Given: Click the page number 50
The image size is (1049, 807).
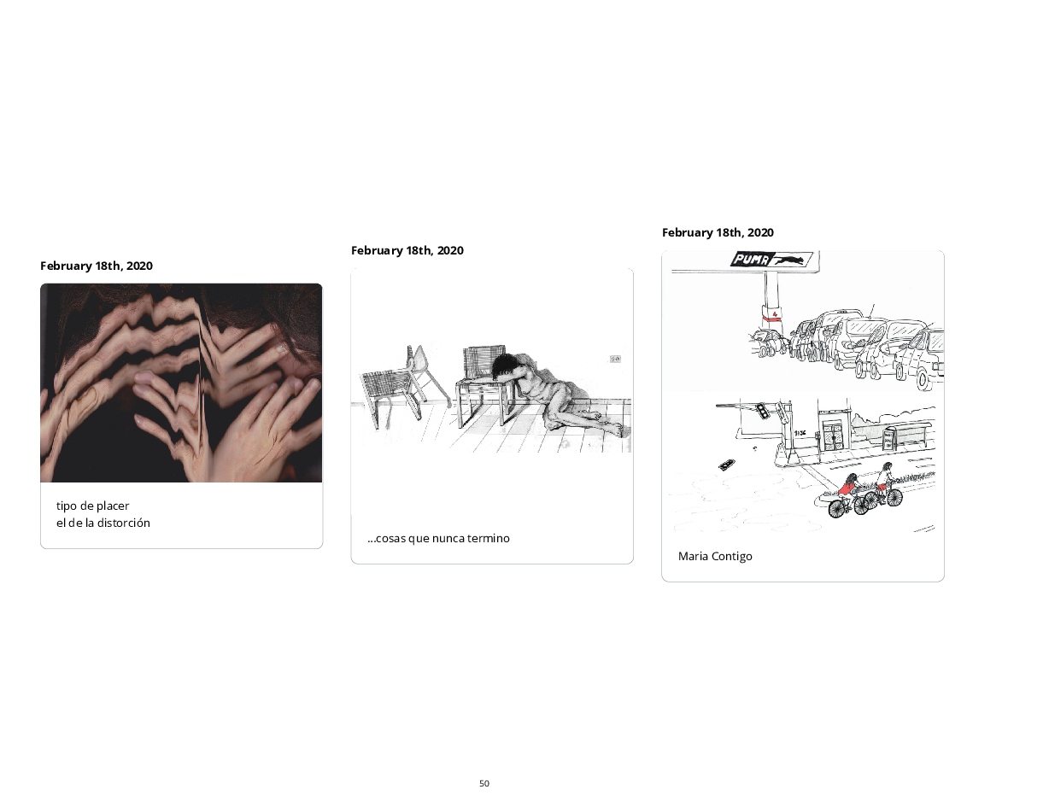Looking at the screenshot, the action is click(483, 783).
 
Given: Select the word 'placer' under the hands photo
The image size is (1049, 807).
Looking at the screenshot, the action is click(113, 506).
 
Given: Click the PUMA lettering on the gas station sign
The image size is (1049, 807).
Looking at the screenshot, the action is click(751, 260).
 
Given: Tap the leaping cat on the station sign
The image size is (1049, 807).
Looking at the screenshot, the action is click(790, 260).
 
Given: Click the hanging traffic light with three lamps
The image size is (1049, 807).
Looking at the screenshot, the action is click(762, 411).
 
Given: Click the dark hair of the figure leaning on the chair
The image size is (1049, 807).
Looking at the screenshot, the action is click(504, 365).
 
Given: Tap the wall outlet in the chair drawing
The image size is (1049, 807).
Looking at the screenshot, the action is click(615, 359).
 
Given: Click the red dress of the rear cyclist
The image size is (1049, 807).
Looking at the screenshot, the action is click(845, 488).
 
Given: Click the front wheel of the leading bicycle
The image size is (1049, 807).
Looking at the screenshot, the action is click(894, 498).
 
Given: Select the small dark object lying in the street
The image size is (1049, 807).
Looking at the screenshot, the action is click(725, 465).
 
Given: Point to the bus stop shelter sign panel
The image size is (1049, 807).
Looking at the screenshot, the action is click(888, 440).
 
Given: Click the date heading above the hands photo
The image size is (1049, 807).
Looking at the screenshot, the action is click(97, 266).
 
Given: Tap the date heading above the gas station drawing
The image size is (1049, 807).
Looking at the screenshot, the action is click(718, 232).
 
